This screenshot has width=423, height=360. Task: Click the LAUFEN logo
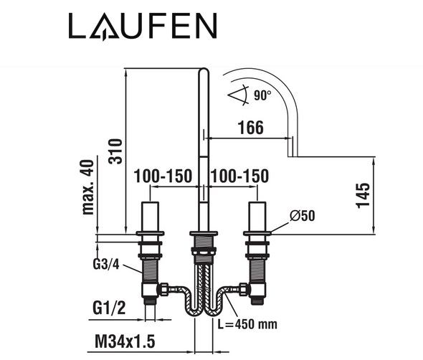[143, 26]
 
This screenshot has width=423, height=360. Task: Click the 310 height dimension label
[115, 151]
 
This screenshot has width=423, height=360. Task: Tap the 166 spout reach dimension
[251, 128]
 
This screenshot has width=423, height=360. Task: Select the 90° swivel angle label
[262, 95]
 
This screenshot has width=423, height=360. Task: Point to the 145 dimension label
[363, 195]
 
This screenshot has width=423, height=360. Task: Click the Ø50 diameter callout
[302, 216]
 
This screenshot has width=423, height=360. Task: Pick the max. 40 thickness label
[88, 187]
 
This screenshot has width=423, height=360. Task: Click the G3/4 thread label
[106, 265]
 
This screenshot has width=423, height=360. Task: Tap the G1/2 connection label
[109, 308]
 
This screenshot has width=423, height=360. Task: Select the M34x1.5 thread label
[125, 341]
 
